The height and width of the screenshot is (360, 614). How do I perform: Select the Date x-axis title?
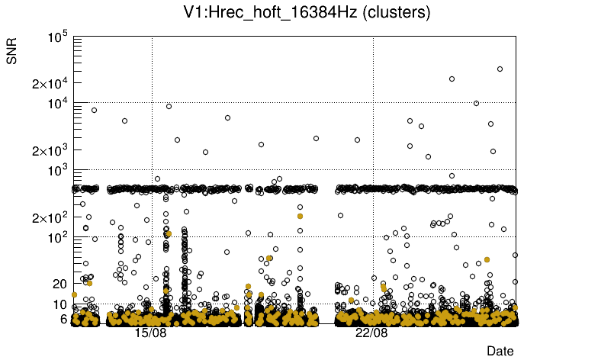coord(500,351)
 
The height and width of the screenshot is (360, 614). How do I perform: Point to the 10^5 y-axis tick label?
coord(59,37)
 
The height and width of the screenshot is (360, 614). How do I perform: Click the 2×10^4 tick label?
coord(50,83)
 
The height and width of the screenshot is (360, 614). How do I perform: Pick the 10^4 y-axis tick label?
coord(59,104)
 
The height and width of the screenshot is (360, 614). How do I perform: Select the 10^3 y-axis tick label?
coord(59,171)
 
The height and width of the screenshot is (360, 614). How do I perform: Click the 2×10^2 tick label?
coord(50,217)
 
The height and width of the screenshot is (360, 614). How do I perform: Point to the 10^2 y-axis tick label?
coord(59,238)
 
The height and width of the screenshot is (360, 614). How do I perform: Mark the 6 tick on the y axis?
coord(65,319)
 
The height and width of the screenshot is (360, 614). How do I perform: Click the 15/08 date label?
coord(151,333)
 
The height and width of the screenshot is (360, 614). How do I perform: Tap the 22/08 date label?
coord(372,333)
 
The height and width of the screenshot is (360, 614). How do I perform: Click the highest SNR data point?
coord(500,69)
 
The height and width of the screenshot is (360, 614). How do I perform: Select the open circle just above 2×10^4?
coord(452,79)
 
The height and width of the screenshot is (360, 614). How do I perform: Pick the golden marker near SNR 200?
coord(300,216)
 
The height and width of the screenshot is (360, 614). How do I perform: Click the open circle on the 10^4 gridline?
coord(477,103)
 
